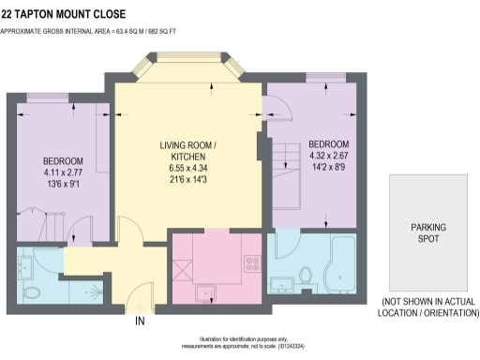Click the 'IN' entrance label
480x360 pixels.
[x=141, y=322]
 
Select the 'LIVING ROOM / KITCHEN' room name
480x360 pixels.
[x=188, y=151]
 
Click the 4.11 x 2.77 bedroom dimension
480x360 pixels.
[x=63, y=173]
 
